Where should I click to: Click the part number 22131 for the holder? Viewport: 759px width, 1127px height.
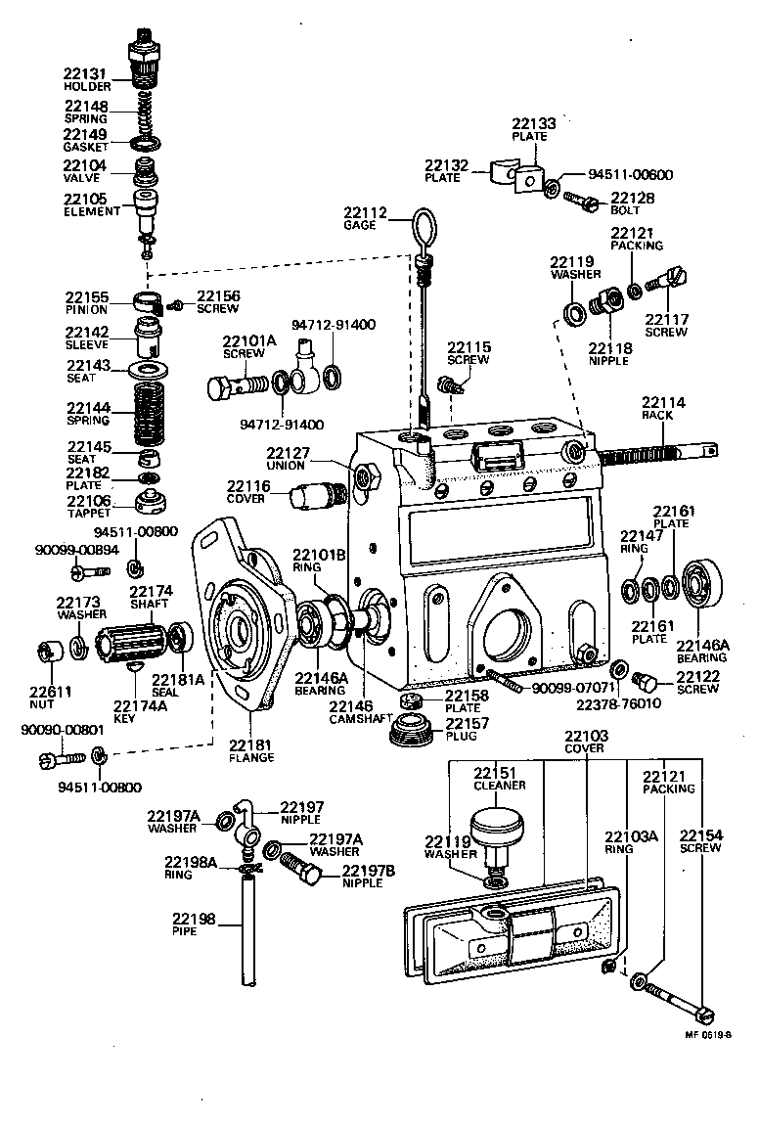(x=85, y=74)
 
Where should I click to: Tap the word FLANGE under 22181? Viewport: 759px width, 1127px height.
(x=251, y=757)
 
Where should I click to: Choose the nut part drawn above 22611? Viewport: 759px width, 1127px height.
(x=49, y=650)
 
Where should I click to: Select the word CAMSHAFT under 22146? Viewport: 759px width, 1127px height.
(x=350, y=720)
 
